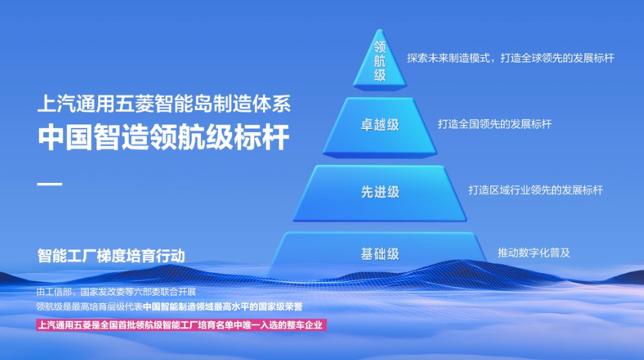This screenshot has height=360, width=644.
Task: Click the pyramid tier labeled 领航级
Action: (380, 60)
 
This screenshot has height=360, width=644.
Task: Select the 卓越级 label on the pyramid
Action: (380, 125)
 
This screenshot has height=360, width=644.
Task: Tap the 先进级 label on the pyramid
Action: (380, 192)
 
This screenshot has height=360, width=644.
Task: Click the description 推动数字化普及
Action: (534, 253)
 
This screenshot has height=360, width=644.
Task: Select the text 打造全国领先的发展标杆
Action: (495, 124)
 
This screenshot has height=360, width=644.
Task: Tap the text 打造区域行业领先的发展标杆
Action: (536, 190)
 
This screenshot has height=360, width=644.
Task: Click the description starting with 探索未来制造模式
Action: (510, 58)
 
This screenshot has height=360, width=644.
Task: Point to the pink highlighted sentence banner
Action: (181, 325)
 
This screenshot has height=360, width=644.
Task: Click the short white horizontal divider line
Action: (50, 184)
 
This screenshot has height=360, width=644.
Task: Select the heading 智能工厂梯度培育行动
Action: (111, 256)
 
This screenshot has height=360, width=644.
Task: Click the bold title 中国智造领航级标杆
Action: (164, 137)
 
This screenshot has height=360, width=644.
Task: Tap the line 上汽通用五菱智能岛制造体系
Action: (164, 103)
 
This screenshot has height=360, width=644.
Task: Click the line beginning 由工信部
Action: (116, 292)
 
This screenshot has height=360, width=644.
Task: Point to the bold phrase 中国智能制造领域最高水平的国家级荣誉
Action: (223, 307)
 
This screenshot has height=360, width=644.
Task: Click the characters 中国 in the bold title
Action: (66, 137)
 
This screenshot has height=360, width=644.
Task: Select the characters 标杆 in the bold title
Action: (261, 137)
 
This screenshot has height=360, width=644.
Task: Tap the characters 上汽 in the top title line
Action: (57, 103)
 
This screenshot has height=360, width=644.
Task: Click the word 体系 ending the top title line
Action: (272, 103)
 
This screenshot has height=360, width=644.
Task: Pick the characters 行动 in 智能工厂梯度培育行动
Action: (170, 256)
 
